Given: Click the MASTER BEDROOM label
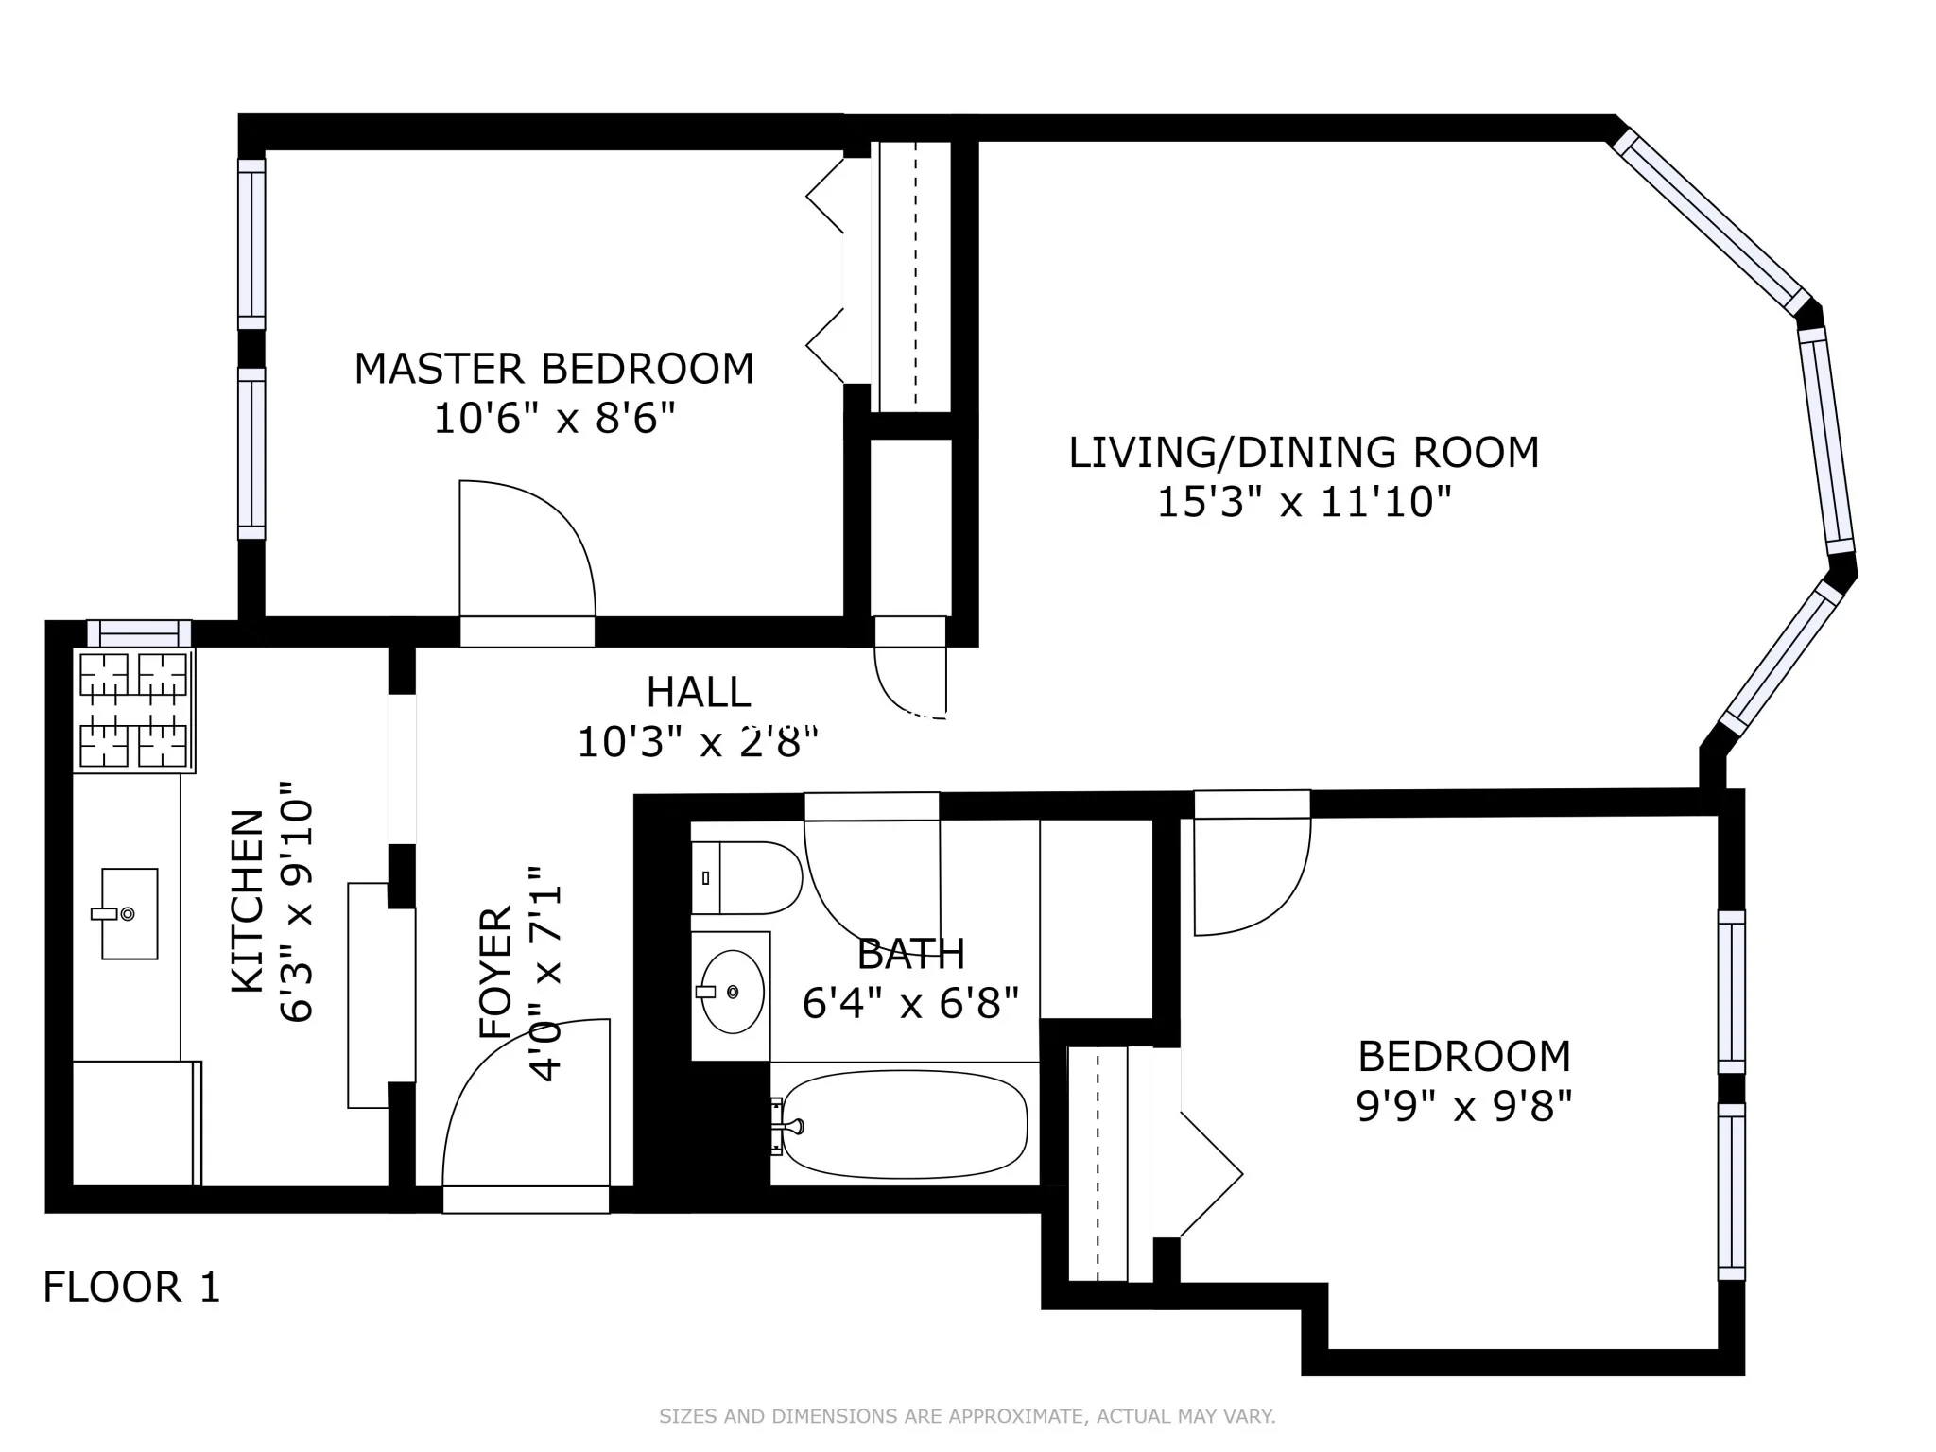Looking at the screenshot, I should [554, 369].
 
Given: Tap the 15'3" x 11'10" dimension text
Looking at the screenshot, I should [1304, 501].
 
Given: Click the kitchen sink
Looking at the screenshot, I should [129, 913].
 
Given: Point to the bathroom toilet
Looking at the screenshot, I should [748, 877].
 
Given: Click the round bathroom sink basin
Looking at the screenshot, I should [732, 992].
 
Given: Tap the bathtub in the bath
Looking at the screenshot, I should [905, 1124].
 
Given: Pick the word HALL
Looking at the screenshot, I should [699, 693].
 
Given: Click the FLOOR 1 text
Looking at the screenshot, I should [131, 1288].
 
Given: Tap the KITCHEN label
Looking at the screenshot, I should [248, 901].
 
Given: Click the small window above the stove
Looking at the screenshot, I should [139, 632].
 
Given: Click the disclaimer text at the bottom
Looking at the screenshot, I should [967, 1416].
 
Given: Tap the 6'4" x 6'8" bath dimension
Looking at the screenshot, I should [910, 1002].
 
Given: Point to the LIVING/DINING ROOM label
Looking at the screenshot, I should [1304, 452].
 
